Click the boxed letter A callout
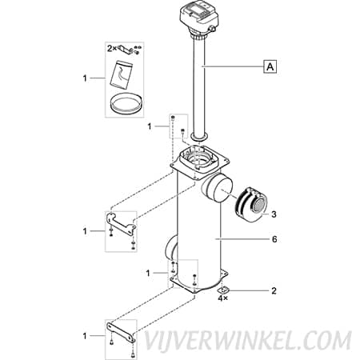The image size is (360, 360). tap(270, 66)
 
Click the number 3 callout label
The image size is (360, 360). tap(274, 214)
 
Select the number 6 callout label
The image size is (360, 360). tap(274, 239)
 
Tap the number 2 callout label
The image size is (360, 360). tap(274, 290)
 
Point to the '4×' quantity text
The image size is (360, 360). tap(222, 298)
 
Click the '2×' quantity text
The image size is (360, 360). tap(112, 49)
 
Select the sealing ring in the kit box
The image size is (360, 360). tap(126, 103)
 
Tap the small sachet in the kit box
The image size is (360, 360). tap(122, 74)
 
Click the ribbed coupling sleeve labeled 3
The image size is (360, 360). tap(250, 205)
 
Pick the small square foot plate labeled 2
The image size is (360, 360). tap(223, 290)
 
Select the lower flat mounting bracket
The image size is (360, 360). tap(121, 332)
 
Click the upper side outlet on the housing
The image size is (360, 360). tap(217, 189)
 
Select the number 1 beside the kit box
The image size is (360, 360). tap(85, 78)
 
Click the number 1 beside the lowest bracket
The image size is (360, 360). tap(85, 336)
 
